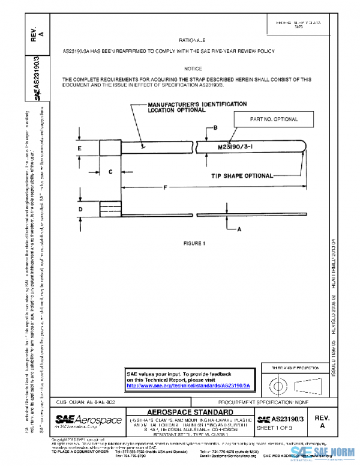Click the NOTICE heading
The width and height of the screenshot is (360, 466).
point(193,69)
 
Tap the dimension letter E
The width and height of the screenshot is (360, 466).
point(79,147)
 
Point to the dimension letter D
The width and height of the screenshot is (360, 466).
point(79,209)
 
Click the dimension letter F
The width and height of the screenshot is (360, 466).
point(164,187)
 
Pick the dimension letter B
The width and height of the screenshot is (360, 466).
point(214,128)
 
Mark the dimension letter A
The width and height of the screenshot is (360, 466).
point(238,229)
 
